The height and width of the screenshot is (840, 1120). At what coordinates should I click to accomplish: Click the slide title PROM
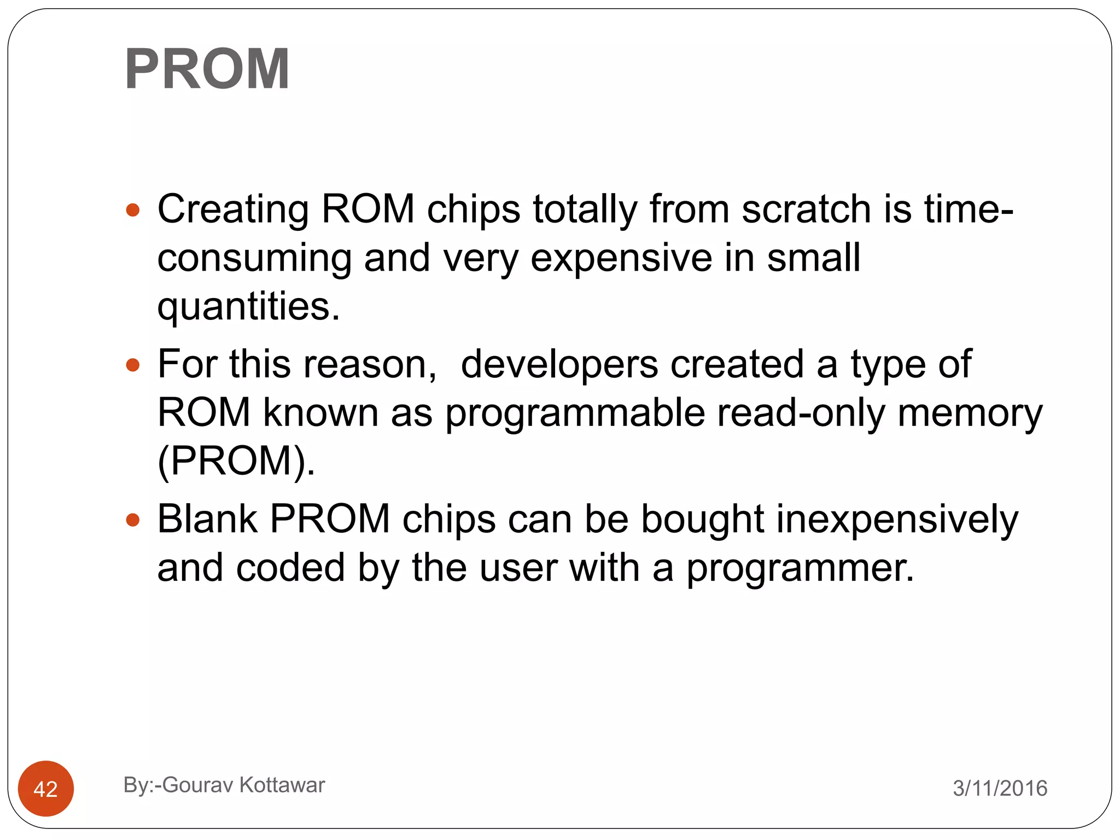[207, 69]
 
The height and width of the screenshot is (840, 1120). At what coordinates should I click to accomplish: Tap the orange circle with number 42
[46, 788]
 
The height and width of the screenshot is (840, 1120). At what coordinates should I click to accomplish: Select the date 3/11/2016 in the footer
[1000, 788]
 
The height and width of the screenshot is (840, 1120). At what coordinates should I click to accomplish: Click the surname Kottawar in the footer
[282, 785]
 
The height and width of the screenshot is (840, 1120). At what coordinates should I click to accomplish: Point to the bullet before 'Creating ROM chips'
[133, 210]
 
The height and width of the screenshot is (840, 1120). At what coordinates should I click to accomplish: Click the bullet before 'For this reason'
[133, 365]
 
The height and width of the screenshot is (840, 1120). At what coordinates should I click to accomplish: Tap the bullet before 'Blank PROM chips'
[133, 520]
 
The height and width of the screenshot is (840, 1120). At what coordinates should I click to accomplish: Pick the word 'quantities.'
[249, 306]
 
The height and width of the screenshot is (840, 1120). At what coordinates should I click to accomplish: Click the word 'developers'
[559, 365]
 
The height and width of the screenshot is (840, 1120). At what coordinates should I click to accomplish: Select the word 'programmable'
[575, 413]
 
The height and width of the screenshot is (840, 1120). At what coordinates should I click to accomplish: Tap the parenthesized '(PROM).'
[236, 461]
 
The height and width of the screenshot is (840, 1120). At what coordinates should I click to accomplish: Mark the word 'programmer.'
[800, 569]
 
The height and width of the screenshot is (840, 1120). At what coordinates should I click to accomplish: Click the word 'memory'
[970, 414]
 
